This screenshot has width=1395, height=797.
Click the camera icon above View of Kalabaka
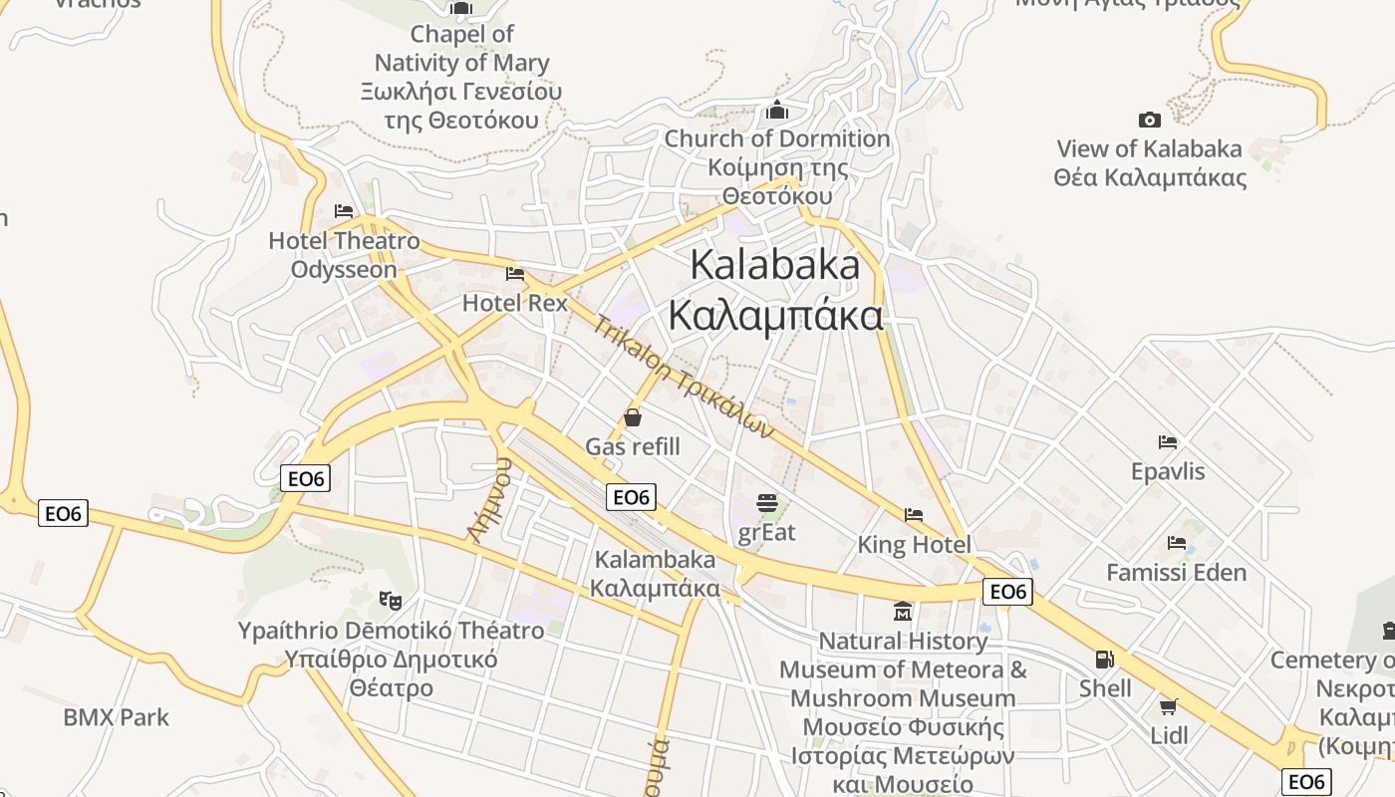pyautogui.click(x=1149, y=121)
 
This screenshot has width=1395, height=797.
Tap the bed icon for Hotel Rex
pyautogui.click(x=515, y=273)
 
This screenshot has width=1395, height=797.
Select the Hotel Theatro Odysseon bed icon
pyautogui.click(x=344, y=211)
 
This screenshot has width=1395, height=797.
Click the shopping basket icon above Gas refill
pyautogui.click(x=633, y=417)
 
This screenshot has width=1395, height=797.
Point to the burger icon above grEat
pyautogui.click(x=766, y=502)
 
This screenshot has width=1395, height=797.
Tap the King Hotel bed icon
pyautogui.click(x=914, y=515)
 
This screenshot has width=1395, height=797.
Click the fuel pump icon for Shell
pyautogui.click(x=1104, y=659)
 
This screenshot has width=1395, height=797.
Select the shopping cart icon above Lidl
pyautogui.click(x=1168, y=706)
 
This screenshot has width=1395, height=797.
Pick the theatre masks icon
pyautogui.click(x=391, y=600)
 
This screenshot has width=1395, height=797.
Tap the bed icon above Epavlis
pyautogui.click(x=1168, y=441)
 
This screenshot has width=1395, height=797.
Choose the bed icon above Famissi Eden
pyautogui.click(x=1177, y=543)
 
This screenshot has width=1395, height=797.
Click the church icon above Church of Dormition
pyautogui.click(x=777, y=110)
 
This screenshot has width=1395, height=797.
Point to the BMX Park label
pyautogui.click(x=116, y=717)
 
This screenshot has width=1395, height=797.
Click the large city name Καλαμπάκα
pyautogui.click(x=775, y=316)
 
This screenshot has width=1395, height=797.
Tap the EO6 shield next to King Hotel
pyautogui.click(x=1007, y=592)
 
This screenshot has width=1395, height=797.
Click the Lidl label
pyautogui.click(x=1169, y=735)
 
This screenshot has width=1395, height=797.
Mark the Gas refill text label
pyautogui.click(x=633, y=446)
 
